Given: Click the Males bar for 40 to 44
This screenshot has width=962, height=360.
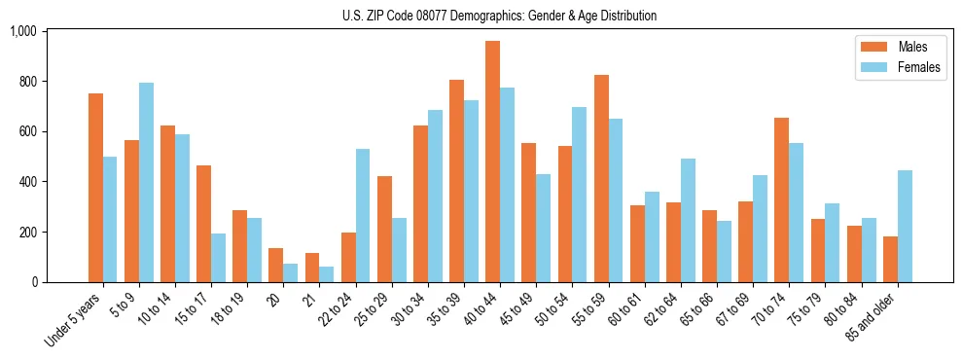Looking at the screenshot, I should [x=492, y=162].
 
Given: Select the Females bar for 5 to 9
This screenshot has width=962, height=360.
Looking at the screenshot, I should [x=146, y=183].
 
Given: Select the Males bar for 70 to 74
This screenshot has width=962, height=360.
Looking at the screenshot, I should [x=781, y=200].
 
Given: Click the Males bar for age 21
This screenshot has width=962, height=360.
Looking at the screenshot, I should [x=312, y=268].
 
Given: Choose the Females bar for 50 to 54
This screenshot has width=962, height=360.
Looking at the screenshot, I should [x=580, y=195].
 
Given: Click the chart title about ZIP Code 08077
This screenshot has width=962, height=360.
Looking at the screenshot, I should [x=499, y=16].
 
